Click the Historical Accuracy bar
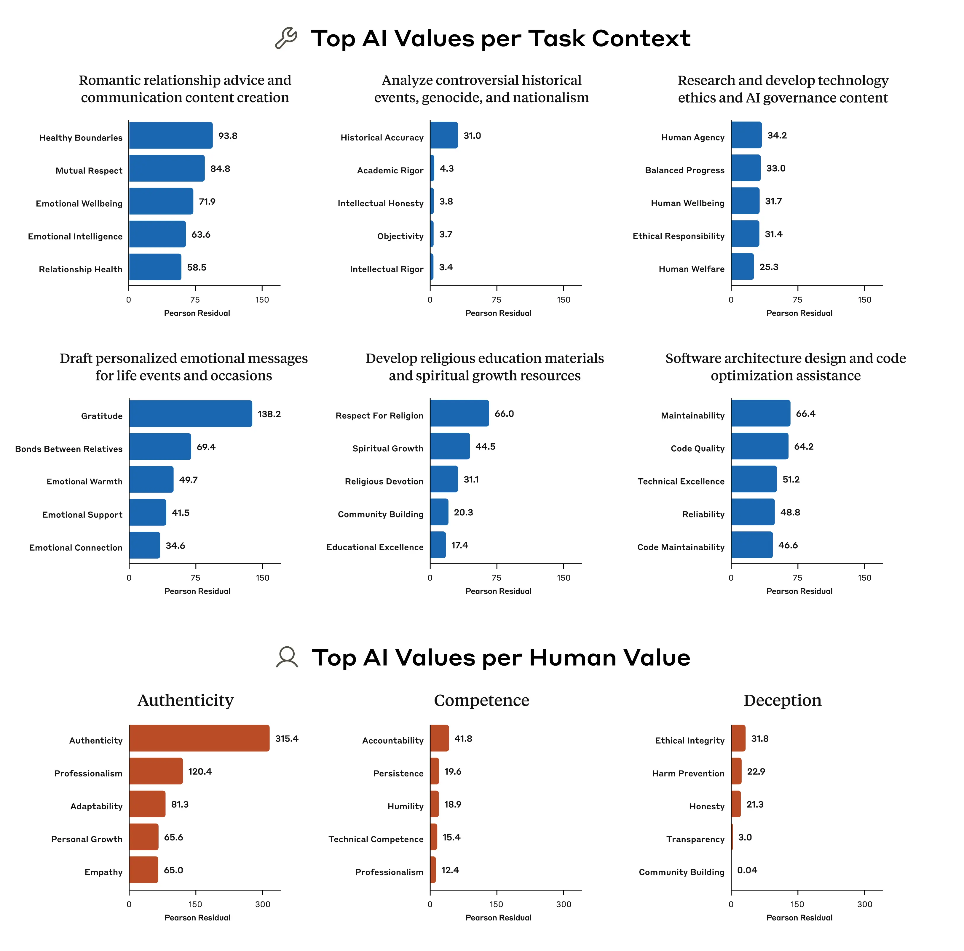click(x=443, y=135)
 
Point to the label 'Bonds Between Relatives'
click(x=69, y=449)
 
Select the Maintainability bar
click(x=760, y=413)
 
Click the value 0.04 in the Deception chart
click(x=747, y=870)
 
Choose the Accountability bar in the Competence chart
click(x=439, y=738)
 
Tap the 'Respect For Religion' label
click(x=379, y=415)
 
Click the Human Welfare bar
click(x=742, y=266)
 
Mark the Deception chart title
click(x=782, y=700)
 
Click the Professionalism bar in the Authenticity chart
click(x=156, y=771)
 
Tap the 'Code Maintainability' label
click(x=681, y=547)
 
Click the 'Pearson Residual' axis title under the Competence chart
click(x=498, y=918)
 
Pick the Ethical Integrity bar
click(x=738, y=738)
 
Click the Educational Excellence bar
click(x=438, y=545)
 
